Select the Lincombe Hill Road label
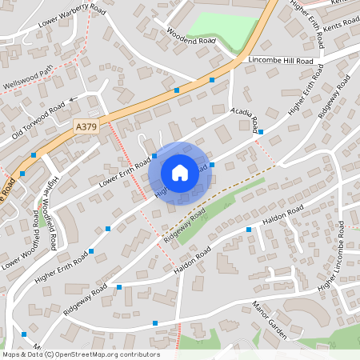coord(281,61)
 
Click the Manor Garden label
coord(269,319)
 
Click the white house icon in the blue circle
coord(180,172)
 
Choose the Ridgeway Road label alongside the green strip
coord(185,226)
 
